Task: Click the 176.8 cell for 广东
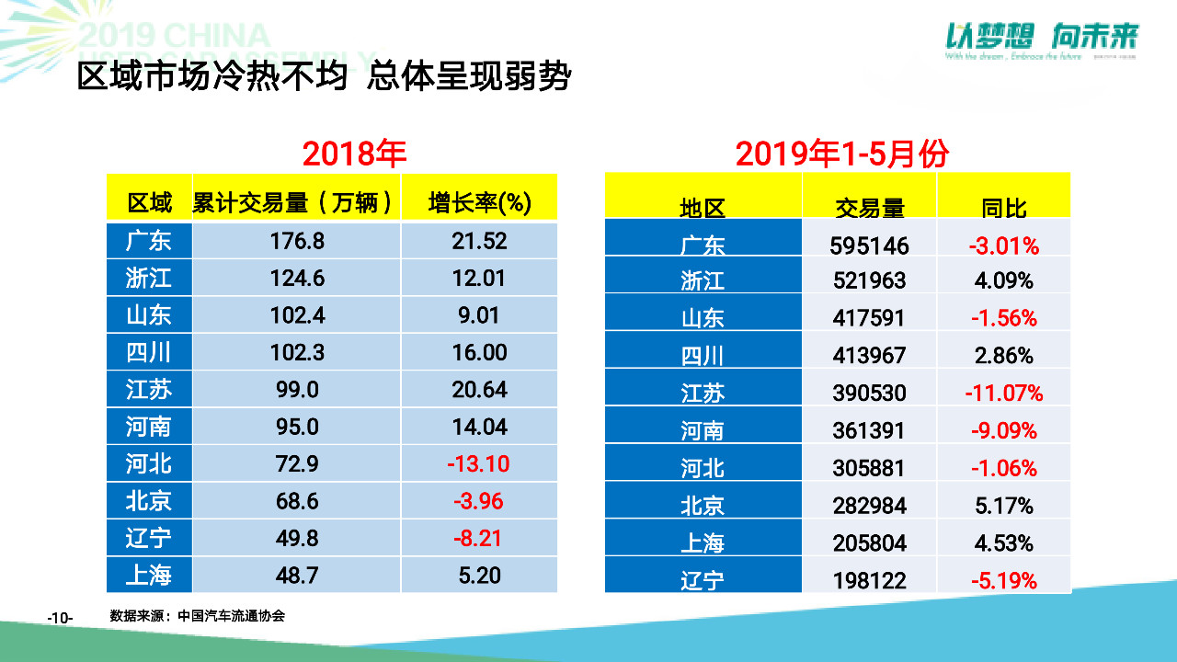pos(296,241)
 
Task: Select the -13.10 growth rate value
pos(478,463)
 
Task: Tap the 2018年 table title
pos(354,154)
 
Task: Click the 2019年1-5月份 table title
pos(841,154)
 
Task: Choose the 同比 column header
pos(1003,208)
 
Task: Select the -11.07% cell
pos(1003,394)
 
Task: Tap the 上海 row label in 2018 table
pos(149,576)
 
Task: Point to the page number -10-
pos(60,618)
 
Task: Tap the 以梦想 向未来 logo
pos(1042,38)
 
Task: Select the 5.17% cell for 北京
pos(1003,506)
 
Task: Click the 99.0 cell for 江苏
pos(296,390)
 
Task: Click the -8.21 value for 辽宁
pos(478,538)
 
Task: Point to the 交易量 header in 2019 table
pos(869,208)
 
